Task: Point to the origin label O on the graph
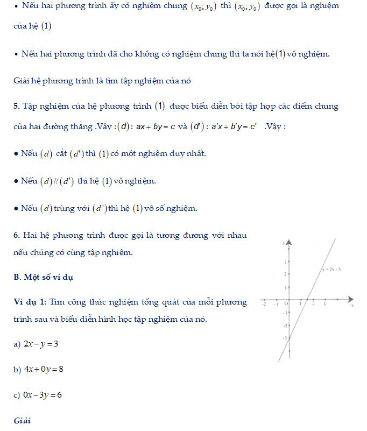tap(286, 304)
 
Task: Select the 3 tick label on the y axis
tap(286, 262)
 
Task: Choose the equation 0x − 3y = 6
tap(43, 395)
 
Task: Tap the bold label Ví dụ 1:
tap(30, 302)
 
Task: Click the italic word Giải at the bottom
tap(22, 420)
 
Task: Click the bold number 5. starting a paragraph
tap(17, 106)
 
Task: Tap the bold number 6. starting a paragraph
tap(17, 236)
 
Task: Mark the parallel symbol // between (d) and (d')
tap(57, 181)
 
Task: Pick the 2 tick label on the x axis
tap(313, 304)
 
